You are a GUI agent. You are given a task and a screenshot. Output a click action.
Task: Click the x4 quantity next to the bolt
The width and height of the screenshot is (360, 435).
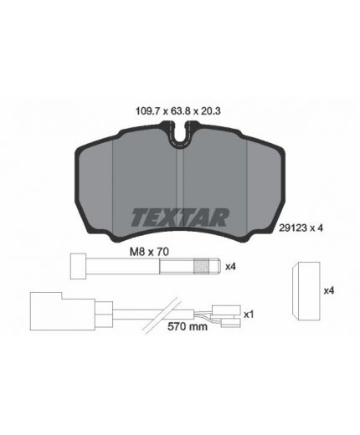230,267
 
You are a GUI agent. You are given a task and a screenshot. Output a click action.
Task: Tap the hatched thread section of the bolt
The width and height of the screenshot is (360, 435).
202,267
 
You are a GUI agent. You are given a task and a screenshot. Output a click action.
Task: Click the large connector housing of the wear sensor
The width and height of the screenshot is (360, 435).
50,307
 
